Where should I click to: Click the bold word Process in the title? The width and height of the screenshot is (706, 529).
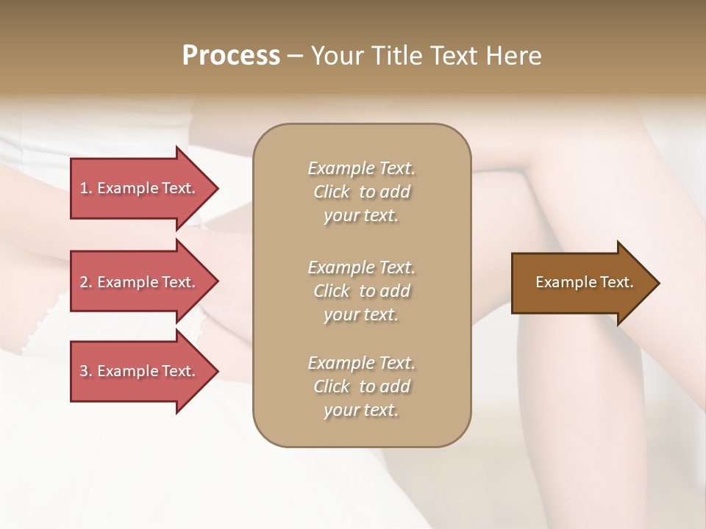(231, 56)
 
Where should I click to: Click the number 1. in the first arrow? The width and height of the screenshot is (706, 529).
(86, 188)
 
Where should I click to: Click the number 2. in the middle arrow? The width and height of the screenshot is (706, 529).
(86, 282)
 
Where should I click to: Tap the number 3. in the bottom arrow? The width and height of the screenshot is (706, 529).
(86, 371)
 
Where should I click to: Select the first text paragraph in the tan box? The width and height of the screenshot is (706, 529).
(361, 192)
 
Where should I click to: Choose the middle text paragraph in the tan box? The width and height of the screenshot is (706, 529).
(361, 291)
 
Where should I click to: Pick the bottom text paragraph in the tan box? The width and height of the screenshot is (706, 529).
(361, 386)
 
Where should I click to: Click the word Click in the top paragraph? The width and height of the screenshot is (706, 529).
(332, 192)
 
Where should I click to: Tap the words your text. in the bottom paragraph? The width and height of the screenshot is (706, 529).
(361, 410)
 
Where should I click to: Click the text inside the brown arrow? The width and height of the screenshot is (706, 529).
(584, 282)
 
